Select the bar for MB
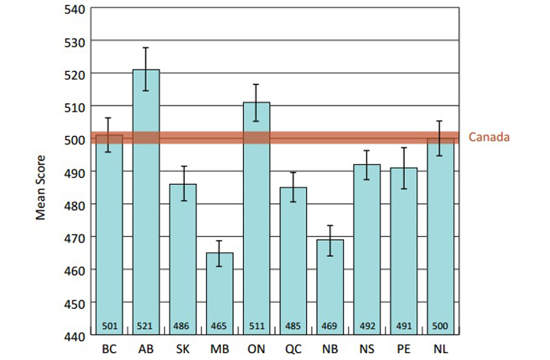pos(219,294)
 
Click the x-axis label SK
pos(183,350)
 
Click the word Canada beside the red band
pos(489,138)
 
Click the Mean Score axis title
pos(41,173)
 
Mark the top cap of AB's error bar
pos(146,47)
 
